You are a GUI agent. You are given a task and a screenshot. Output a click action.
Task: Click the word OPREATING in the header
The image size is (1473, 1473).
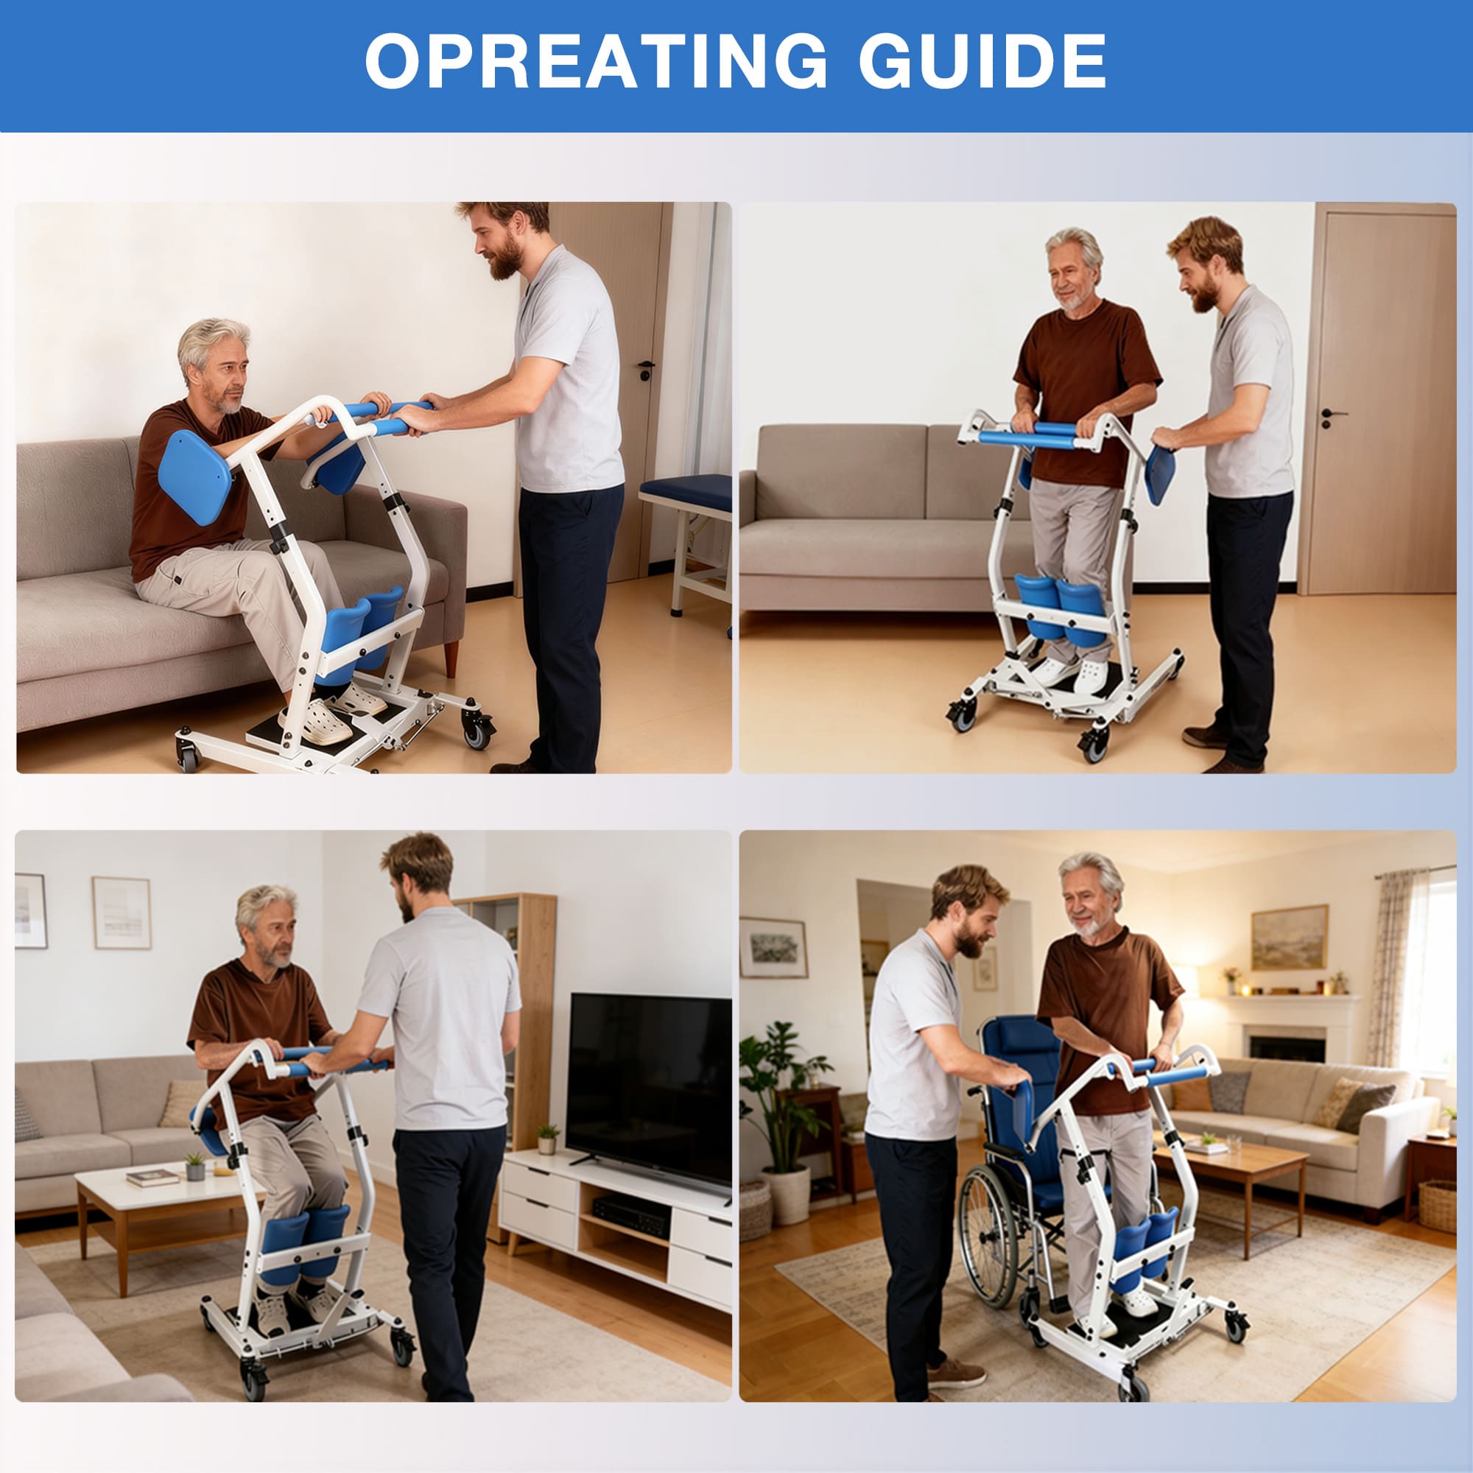point(595,62)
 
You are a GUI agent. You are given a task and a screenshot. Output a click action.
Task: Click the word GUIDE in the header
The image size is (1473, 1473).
point(982,62)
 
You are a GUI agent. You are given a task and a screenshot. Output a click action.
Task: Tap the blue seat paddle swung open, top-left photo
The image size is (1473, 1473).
point(194,477)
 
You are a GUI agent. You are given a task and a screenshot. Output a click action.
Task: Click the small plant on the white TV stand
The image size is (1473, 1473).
point(547,1139)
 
